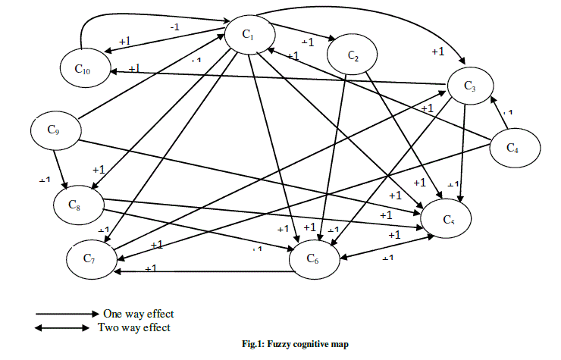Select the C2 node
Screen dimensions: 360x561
pos(353,55)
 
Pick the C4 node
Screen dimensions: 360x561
pos(513,146)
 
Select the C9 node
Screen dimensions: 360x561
pos(53,130)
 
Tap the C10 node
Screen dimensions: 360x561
pos(83,69)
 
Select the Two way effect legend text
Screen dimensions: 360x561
pos(134,327)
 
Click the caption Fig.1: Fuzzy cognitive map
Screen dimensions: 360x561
pos(299,345)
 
